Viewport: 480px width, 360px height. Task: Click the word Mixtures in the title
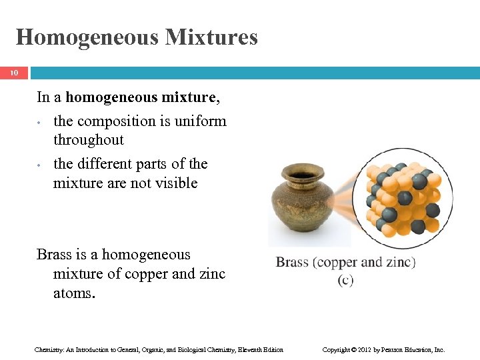tap(211, 37)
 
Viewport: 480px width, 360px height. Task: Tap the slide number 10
tap(14, 73)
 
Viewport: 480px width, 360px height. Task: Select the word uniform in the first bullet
tap(202, 121)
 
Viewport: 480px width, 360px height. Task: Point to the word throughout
tap(88, 140)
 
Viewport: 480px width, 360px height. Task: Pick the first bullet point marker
tap(40, 123)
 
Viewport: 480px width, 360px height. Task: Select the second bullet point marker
tap(40, 165)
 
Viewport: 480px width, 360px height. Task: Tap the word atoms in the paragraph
tap(74, 293)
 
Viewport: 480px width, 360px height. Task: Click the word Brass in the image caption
tap(292, 262)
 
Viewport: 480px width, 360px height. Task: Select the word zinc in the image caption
tap(397, 262)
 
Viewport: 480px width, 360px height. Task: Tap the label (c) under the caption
tap(345, 280)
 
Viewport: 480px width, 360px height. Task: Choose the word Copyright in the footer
tap(337, 349)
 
